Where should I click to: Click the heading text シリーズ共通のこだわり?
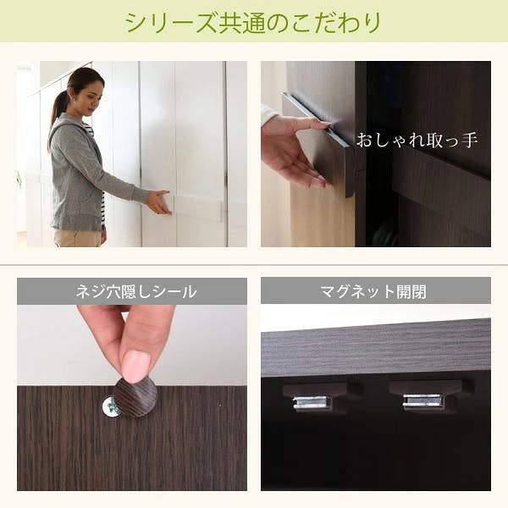[x=253, y=23]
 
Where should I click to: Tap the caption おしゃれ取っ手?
[x=417, y=140]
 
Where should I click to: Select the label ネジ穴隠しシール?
[x=136, y=291]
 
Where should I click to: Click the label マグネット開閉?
[x=373, y=291]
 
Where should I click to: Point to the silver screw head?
[x=110, y=407]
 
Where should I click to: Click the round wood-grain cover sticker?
[x=136, y=396]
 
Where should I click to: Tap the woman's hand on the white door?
[x=159, y=202]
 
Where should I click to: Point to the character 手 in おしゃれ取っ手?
[x=469, y=140]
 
